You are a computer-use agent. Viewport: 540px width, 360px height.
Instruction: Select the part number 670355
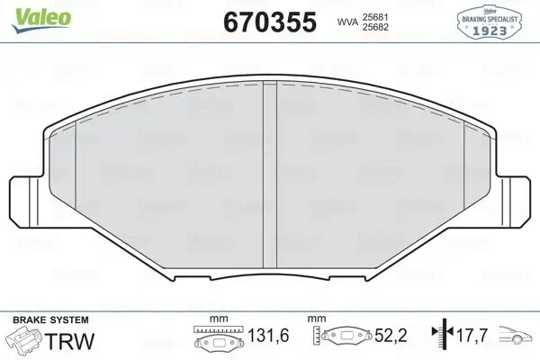point(267,22)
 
